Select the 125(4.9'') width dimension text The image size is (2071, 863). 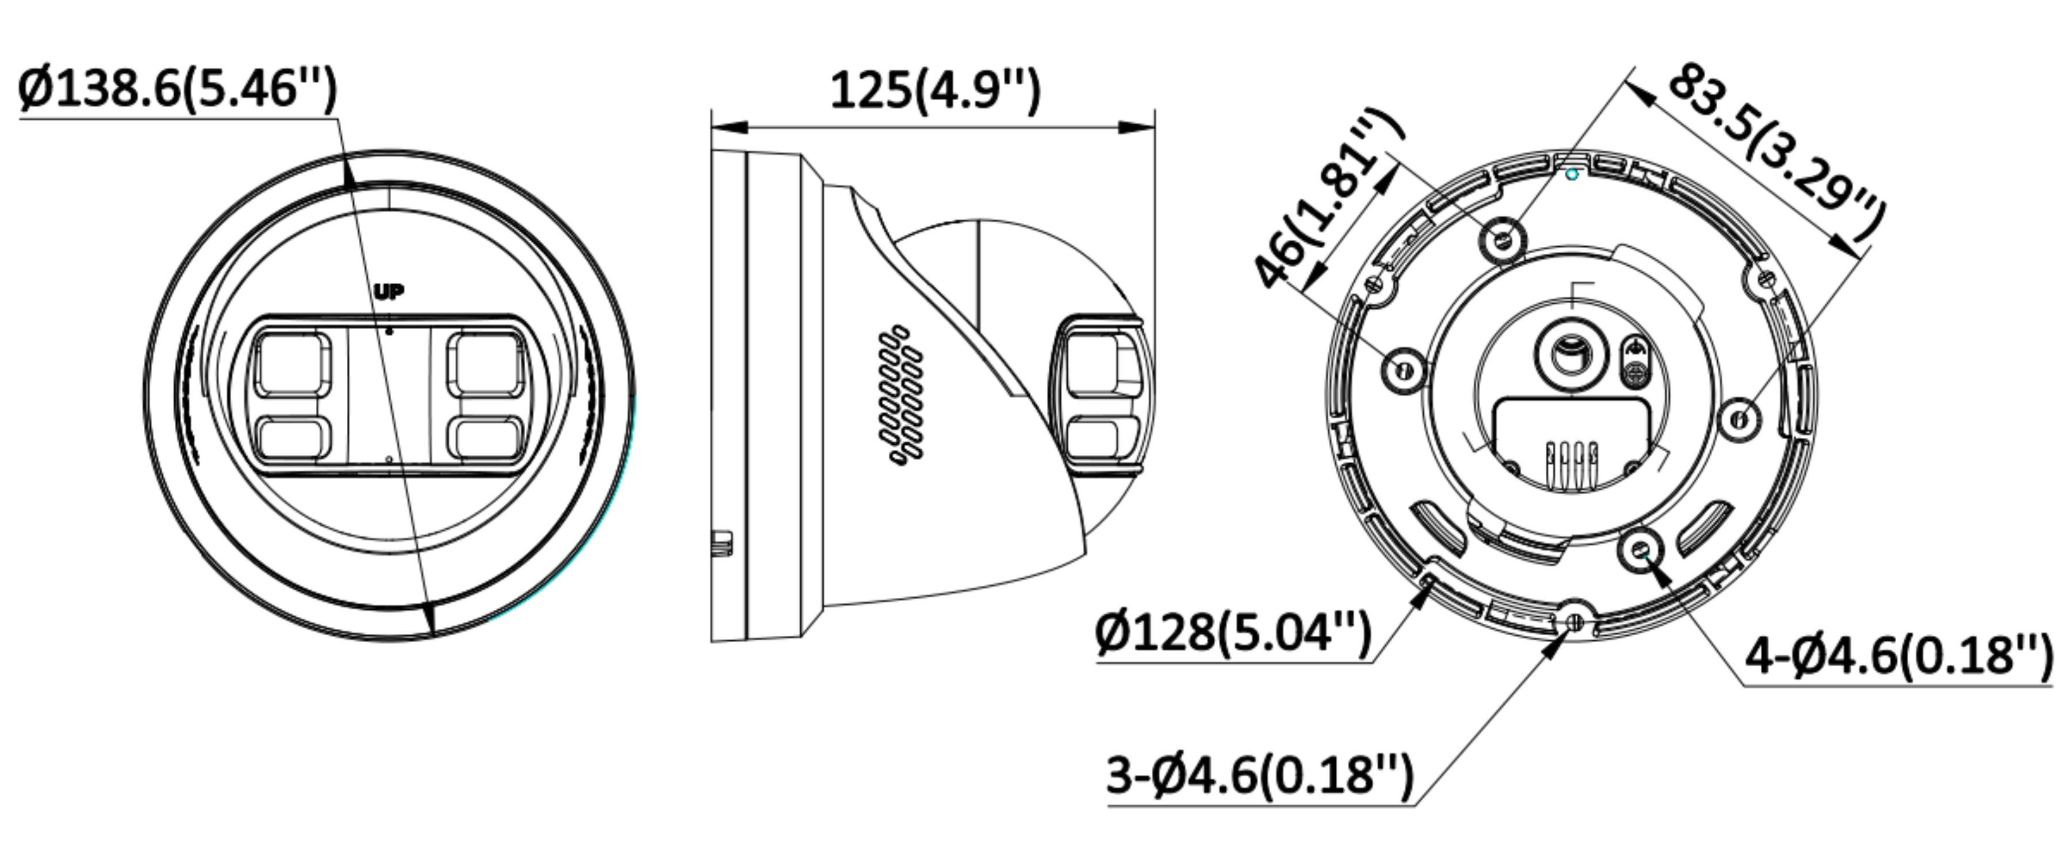pos(934,90)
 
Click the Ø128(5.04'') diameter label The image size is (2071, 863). pos(1232,633)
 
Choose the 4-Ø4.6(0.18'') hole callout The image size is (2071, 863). pos(1897,655)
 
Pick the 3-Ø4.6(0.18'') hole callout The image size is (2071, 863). pos(1259,774)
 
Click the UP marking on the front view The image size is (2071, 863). pos(389,292)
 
